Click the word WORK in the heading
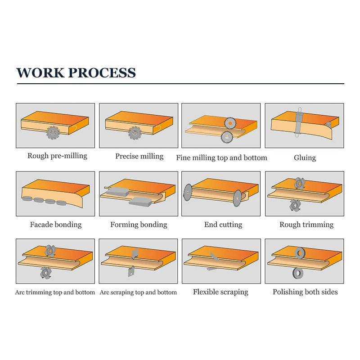[x=40, y=73]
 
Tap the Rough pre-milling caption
[x=57, y=156]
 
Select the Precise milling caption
[x=139, y=156]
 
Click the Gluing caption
[x=305, y=158]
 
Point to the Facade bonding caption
[x=56, y=225]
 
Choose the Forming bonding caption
[x=139, y=225]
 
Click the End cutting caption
[x=223, y=225]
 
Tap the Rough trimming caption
[x=306, y=225]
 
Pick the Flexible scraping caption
[x=220, y=292]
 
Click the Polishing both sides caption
[x=305, y=292]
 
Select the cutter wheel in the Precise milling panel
[x=134, y=133]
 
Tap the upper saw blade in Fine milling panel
[x=230, y=122]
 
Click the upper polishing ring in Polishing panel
[x=299, y=254]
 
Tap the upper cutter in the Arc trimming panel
[x=50, y=251]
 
